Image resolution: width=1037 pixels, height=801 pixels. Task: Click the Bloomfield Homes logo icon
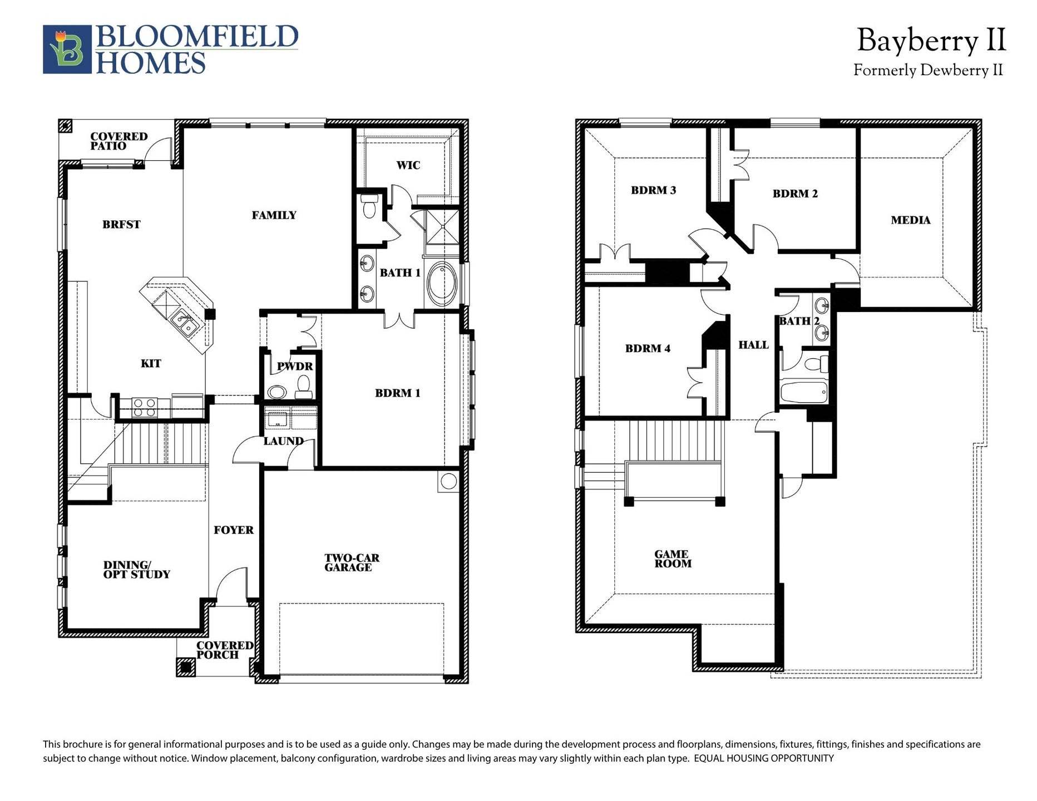pyautogui.click(x=67, y=49)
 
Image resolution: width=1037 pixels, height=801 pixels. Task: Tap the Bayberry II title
pyautogui.click(x=931, y=41)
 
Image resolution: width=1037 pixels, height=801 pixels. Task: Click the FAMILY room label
pyautogui.click(x=274, y=215)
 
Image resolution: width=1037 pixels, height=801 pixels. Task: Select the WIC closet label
pyautogui.click(x=408, y=165)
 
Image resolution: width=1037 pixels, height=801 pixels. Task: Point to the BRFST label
pyautogui.click(x=121, y=225)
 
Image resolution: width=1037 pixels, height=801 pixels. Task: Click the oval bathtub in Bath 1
pyautogui.click(x=442, y=284)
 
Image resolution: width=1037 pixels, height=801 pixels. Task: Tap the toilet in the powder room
pyautogui.click(x=304, y=387)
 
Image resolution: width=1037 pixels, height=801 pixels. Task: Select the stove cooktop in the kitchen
pyautogui.click(x=144, y=408)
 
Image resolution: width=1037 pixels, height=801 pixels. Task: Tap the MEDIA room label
pyautogui.click(x=910, y=220)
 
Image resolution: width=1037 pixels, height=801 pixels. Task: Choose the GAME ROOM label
pyautogui.click(x=672, y=558)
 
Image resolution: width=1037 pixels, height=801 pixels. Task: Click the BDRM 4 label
pyautogui.click(x=648, y=349)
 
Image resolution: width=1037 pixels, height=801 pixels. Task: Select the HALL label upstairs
pyautogui.click(x=753, y=345)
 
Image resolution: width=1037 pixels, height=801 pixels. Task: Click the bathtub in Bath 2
pyautogui.click(x=803, y=392)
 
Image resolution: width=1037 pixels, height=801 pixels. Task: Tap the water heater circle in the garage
pyautogui.click(x=448, y=482)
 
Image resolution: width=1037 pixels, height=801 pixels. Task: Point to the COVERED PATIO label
pyautogui.click(x=118, y=141)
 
